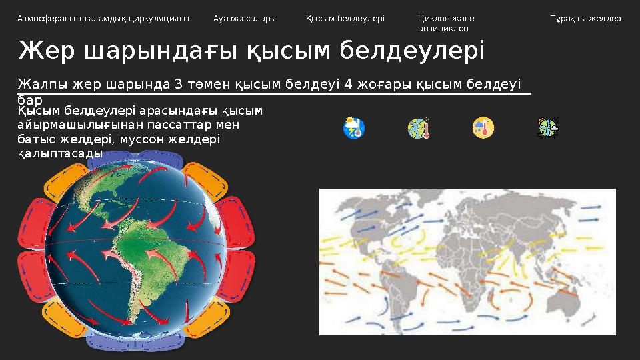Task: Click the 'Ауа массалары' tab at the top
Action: coord(244,19)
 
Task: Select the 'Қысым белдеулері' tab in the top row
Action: coord(345,19)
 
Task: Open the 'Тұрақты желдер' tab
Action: coord(585,19)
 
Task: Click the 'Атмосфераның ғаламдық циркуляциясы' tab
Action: coord(103,19)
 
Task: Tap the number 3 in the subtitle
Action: coord(178,85)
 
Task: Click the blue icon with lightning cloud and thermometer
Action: coord(353,127)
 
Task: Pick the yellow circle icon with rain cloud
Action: coord(483,127)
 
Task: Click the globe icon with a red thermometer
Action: coord(418,127)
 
